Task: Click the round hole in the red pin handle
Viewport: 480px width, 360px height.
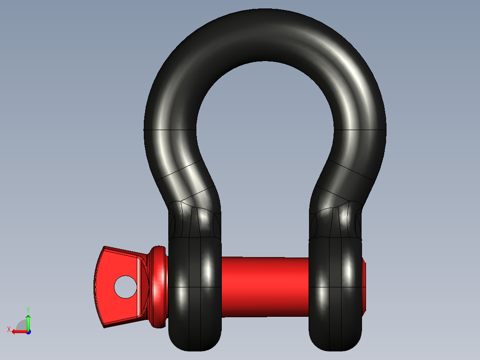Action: [x=126, y=287]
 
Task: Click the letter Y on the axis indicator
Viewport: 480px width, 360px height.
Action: [x=28, y=309]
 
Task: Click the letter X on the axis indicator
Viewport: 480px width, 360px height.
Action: [x=8, y=329]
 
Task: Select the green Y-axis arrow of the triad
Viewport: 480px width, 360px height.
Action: [x=28, y=321]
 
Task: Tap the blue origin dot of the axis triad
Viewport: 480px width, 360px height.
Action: [x=28, y=331]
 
